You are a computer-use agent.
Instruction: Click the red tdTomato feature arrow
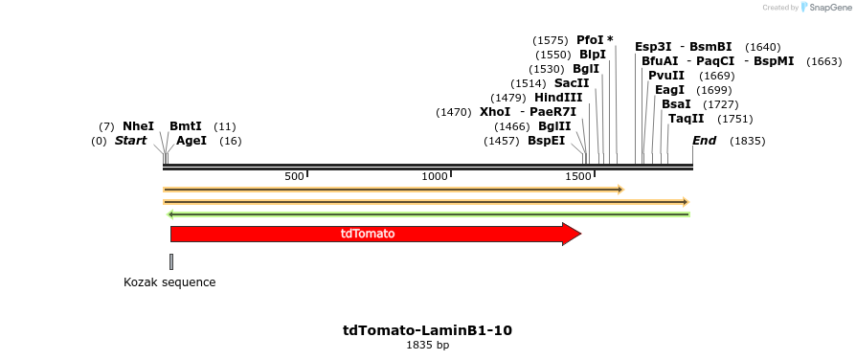click(x=373, y=234)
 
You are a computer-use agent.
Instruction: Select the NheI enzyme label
click(x=138, y=126)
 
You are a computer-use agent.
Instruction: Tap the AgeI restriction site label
click(x=191, y=141)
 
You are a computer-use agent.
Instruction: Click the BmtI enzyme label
click(x=186, y=126)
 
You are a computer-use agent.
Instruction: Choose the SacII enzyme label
click(x=571, y=83)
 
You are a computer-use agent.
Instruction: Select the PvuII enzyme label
click(x=666, y=76)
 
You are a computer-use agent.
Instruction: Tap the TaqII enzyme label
click(x=686, y=119)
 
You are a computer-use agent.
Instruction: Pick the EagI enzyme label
click(x=670, y=90)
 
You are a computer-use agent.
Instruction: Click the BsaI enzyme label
click(x=676, y=104)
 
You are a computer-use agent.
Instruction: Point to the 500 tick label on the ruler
click(x=294, y=176)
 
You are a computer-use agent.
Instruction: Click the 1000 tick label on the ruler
click(x=436, y=176)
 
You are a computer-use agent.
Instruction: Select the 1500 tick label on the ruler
click(x=578, y=176)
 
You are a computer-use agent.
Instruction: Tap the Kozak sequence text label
click(x=169, y=282)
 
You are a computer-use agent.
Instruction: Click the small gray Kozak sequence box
click(x=171, y=261)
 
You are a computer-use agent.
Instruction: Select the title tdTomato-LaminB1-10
click(x=427, y=330)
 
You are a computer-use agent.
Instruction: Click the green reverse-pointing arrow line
click(x=428, y=214)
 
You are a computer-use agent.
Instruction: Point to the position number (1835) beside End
click(x=747, y=141)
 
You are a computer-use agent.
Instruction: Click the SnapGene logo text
click(x=829, y=8)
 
